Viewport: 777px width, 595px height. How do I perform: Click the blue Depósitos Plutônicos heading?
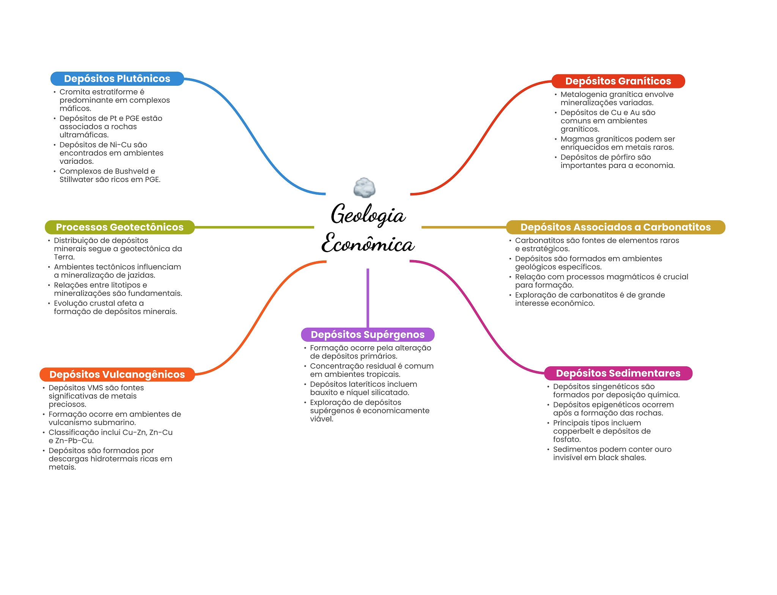tap(117, 78)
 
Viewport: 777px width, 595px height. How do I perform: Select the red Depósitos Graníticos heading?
tap(618, 81)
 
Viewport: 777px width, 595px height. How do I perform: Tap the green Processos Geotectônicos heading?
tap(120, 227)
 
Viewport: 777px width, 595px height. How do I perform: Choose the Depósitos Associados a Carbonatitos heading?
tap(615, 227)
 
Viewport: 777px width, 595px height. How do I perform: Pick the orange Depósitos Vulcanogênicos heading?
tap(117, 374)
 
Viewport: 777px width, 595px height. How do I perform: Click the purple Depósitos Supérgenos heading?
tap(367, 334)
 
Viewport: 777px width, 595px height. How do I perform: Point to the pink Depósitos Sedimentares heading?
tap(618, 373)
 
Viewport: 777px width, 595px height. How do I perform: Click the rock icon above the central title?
tap(364, 187)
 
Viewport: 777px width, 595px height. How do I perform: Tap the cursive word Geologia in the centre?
tap(368, 215)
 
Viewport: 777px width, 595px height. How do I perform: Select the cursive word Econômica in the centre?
tap(368, 243)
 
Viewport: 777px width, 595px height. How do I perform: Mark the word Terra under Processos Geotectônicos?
tap(64, 257)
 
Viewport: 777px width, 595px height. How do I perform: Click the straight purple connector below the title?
tap(368, 298)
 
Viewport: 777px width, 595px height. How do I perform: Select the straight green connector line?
tap(254, 227)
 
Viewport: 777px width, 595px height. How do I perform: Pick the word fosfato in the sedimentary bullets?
tap(566, 440)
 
